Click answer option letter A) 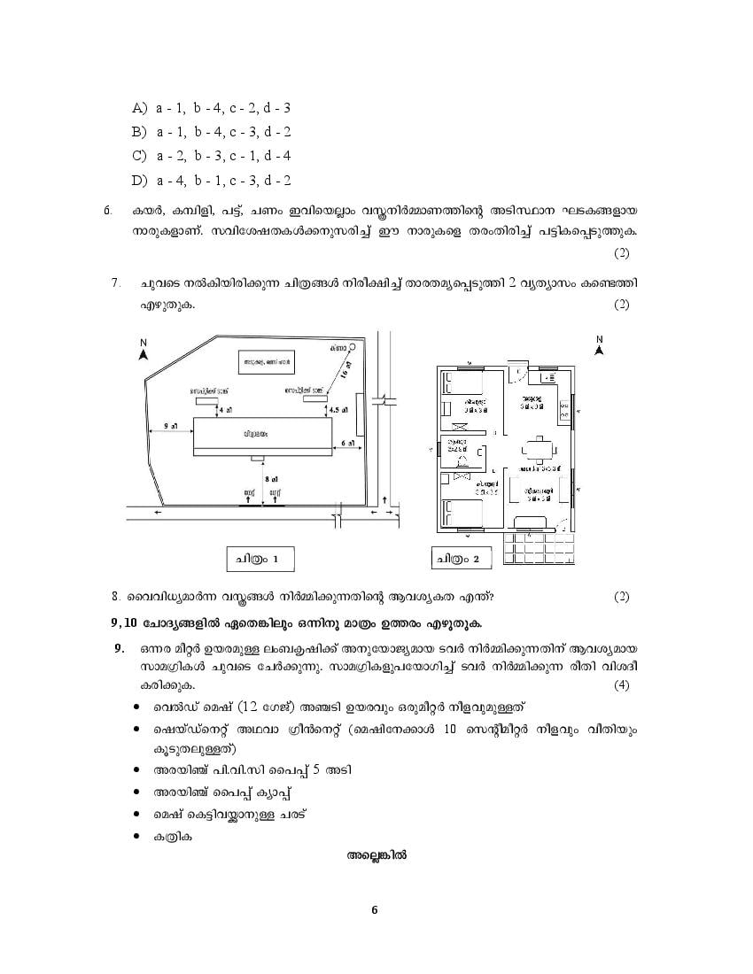[139, 108]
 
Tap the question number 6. [108, 211]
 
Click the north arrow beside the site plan [143, 352]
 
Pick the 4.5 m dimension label [338, 411]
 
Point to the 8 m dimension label [268, 477]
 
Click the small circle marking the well [352, 347]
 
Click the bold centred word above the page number [376, 855]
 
